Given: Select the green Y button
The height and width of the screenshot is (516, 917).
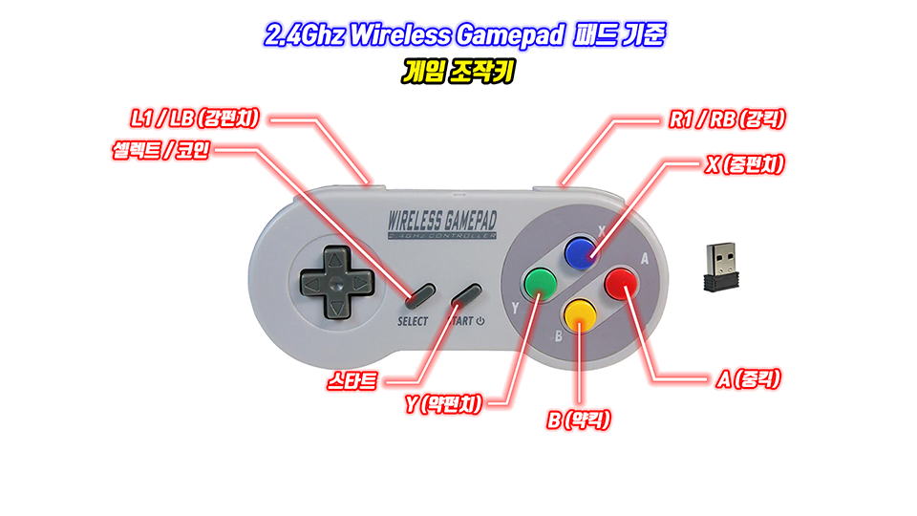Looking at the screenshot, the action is tap(539, 282).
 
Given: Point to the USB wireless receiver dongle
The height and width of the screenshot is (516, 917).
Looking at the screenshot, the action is tap(722, 267).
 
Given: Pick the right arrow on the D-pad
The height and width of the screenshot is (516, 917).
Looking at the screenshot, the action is tap(359, 283).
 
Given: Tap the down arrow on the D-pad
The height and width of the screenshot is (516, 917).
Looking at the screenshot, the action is tap(335, 308).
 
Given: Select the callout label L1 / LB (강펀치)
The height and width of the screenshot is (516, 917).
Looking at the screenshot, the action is tap(196, 118).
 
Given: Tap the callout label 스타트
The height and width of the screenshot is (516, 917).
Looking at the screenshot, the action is tap(351, 382).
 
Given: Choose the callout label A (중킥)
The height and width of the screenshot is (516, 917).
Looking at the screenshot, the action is tap(749, 379).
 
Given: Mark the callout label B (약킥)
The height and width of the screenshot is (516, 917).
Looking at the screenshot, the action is tap(579, 419).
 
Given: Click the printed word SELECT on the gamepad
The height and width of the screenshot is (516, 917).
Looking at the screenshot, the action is tap(413, 321).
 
